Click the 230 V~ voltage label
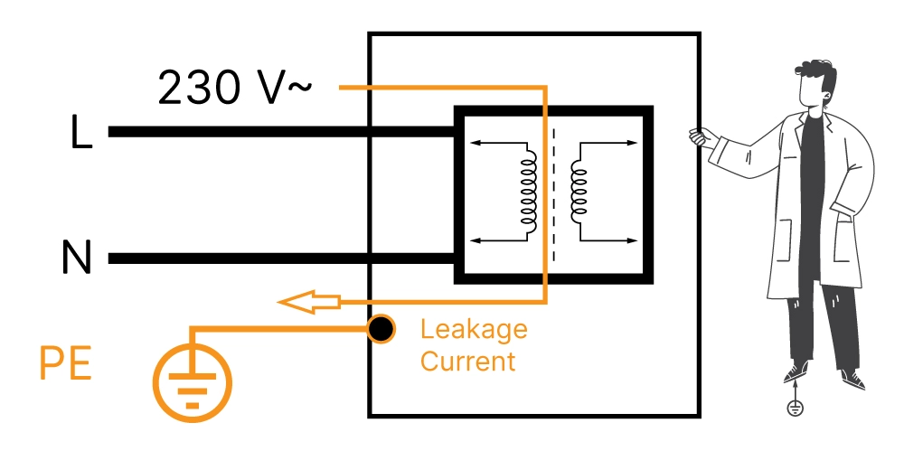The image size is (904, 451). pos(236,89)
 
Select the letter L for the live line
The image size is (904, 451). pos(81,133)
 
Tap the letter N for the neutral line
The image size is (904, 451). pos(77,259)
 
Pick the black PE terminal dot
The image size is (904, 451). pos(381,329)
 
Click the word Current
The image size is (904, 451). pos(467,362)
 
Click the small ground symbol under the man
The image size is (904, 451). pos(796,408)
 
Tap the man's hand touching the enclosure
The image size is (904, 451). pos(699,137)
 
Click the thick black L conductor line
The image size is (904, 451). pos(271,132)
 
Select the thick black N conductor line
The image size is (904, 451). pos(271,258)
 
